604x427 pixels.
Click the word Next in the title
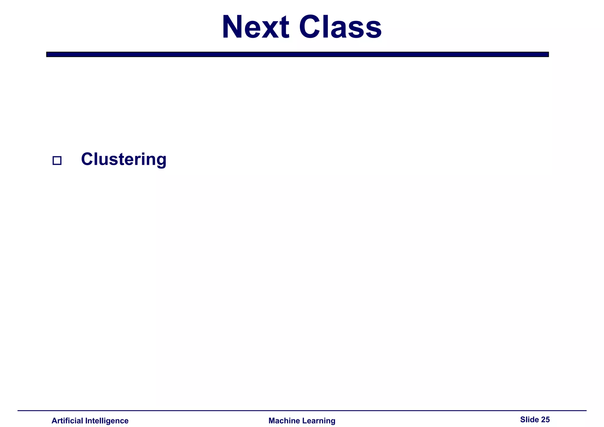coord(255,27)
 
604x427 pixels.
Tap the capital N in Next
coord(234,27)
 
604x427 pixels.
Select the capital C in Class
coord(310,27)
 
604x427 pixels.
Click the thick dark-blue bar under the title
coord(297,54)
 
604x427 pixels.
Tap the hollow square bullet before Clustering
coord(57,161)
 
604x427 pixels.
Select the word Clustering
coord(124,159)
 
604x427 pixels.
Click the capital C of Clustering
coord(87,159)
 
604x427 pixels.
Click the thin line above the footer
coord(302,410)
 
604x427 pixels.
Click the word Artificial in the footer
coord(67,421)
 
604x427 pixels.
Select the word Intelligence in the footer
coord(107,421)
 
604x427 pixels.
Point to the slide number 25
coord(545,420)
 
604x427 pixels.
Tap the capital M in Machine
coord(272,421)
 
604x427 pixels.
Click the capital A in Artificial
coord(54,421)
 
